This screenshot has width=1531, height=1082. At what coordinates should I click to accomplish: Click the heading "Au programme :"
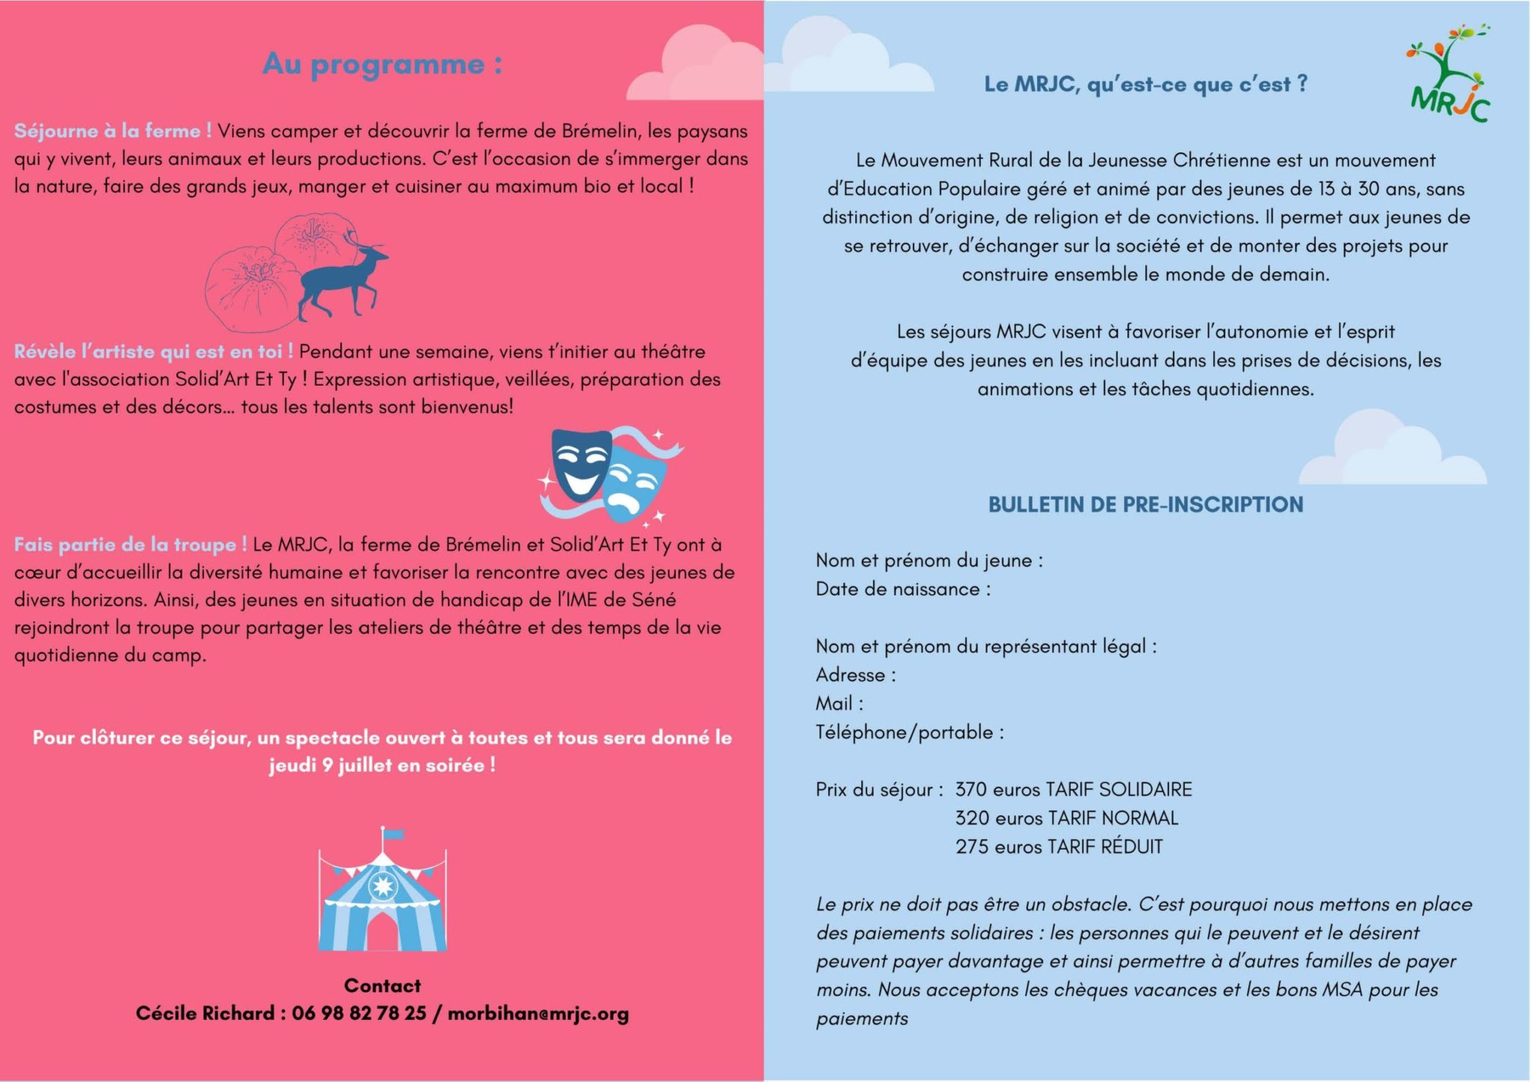coord(382,64)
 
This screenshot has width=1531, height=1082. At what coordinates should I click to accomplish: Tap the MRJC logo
coord(1450,75)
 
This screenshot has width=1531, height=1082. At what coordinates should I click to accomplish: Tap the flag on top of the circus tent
coord(392,835)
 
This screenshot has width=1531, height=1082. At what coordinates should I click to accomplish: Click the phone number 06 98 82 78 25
coord(359,1013)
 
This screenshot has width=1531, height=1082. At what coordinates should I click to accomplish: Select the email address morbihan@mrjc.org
coord(538,1013)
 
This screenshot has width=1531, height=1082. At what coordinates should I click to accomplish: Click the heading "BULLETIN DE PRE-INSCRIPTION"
coord(1145,504)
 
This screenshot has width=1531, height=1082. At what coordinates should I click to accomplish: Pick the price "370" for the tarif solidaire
coord(971,789)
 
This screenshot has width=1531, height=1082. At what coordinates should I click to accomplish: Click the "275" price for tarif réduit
coord(971,847)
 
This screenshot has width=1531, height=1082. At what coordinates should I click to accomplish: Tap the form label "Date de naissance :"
coord(903,589)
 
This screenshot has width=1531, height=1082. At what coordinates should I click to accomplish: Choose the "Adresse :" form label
coord(855,675)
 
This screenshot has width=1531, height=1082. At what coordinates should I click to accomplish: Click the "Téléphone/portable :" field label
coord(909,732)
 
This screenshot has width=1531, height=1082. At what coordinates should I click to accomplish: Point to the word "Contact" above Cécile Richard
coord(382,986)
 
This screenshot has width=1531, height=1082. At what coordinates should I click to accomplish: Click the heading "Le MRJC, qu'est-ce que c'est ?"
coord(1145,84)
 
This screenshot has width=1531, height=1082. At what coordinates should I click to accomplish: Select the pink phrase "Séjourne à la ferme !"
coord(113,131)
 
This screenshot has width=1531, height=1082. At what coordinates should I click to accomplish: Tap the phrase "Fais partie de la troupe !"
coord(130,544)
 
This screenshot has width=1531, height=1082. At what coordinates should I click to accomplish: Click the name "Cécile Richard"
coord(205,1013)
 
